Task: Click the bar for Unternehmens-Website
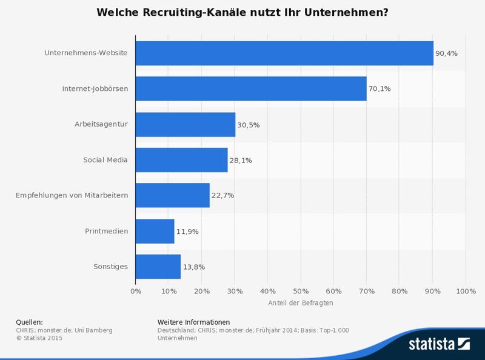coord(284,53)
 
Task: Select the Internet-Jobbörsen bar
coord(251,88)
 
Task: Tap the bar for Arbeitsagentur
coord(186,124)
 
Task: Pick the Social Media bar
coord(182,160)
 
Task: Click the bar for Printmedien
coord(155,231)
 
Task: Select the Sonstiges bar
coord(158,266)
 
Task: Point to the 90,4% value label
coord(446,53)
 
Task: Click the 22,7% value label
coord(222,195)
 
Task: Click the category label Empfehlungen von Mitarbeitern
coord(72,195)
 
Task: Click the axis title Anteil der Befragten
coord(301,302)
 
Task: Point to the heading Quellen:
coord(29,322)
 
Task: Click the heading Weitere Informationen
coord(193,322)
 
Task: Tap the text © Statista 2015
coord(39,338)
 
